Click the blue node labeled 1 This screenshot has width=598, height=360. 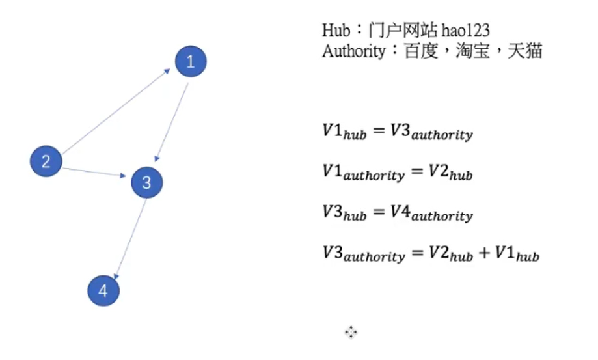pos(191,62)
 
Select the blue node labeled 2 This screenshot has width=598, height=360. pos(46,161)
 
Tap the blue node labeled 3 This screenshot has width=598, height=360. pos(146,183)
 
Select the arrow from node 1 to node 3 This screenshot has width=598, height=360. pos(172,122)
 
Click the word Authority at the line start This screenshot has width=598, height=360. pos(353,51)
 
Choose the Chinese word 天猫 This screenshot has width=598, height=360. pos(526,51)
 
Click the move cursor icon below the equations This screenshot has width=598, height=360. pos(351,333)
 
